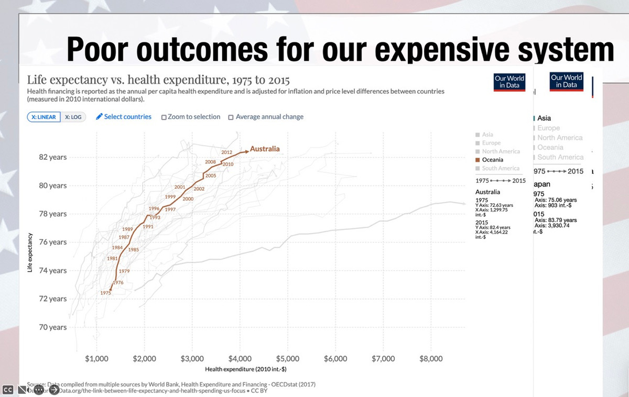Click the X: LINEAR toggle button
click(44, 117)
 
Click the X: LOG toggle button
click(73, 117)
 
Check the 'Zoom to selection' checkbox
click(164, 117)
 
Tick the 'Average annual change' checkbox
click(231, 117)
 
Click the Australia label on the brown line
click(265, 149)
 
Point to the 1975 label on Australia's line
click(106, 293)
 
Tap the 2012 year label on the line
click(227, 152)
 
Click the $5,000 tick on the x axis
click(287, 359)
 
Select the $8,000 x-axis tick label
click(431, 359)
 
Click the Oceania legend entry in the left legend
click(492, 160)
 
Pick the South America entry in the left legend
click(500, 168)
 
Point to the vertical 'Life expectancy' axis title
click(30, 252)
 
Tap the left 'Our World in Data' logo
click(509, 82)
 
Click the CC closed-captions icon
click(8, 389)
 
